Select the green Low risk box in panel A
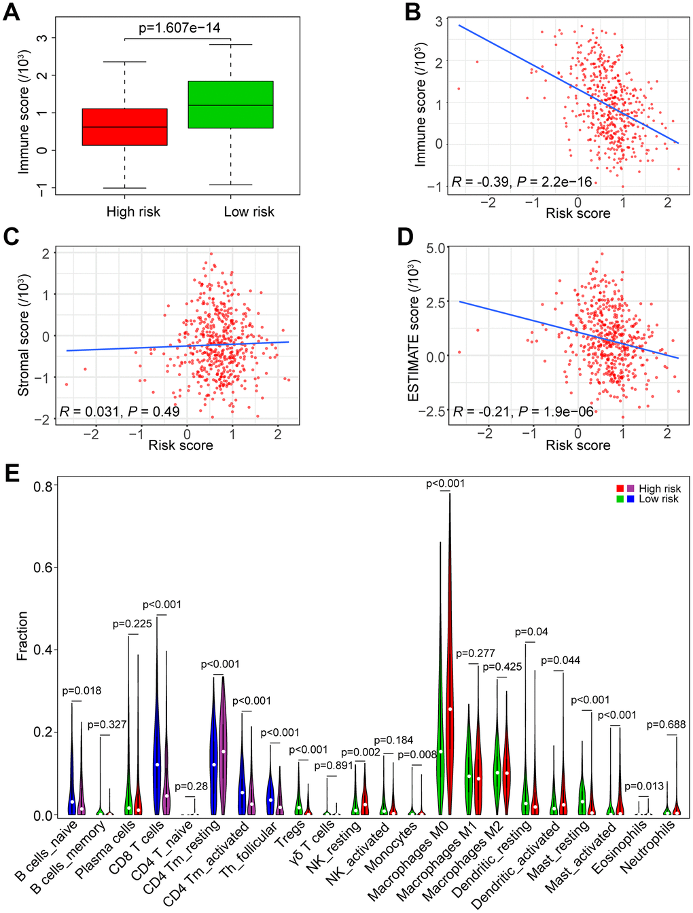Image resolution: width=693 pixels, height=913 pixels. click(230, 105)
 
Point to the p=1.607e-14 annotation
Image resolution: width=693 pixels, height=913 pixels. click(179, 28)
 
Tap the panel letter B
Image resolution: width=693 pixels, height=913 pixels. click(412, 12)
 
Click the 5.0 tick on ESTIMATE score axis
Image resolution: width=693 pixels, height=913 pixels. click(436, 248)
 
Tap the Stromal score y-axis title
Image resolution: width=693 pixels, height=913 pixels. click(24, 335)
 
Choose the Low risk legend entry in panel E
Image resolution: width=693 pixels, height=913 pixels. click(658, 499)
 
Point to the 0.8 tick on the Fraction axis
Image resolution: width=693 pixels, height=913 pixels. click(43, 486)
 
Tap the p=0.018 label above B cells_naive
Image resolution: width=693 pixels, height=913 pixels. click(82, 691)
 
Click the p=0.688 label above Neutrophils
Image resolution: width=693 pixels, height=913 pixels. click(666, 725)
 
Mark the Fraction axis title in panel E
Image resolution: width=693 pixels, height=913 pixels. click(22, 635)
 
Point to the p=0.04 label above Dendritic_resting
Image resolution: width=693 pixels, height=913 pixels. click(531, 632)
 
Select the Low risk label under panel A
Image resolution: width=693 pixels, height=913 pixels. click(249, 212)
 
